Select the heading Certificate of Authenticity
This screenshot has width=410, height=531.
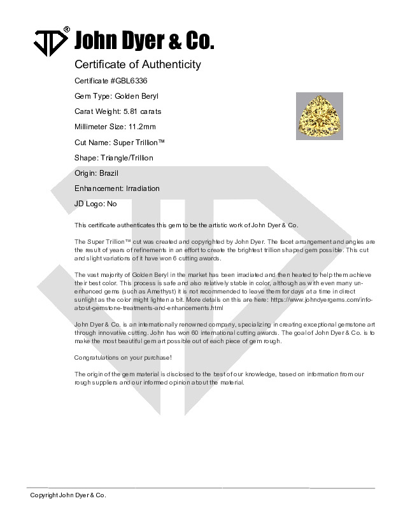(x=138, y=64)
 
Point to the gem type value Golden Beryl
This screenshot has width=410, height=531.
(x=136, y=96)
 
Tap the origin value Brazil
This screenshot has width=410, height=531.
(x=109, y=173)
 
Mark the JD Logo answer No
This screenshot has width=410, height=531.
(x=112, y=204)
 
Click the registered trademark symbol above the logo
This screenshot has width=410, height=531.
(x=66, y=30)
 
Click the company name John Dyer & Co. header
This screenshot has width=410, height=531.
(x=145, y=42)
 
